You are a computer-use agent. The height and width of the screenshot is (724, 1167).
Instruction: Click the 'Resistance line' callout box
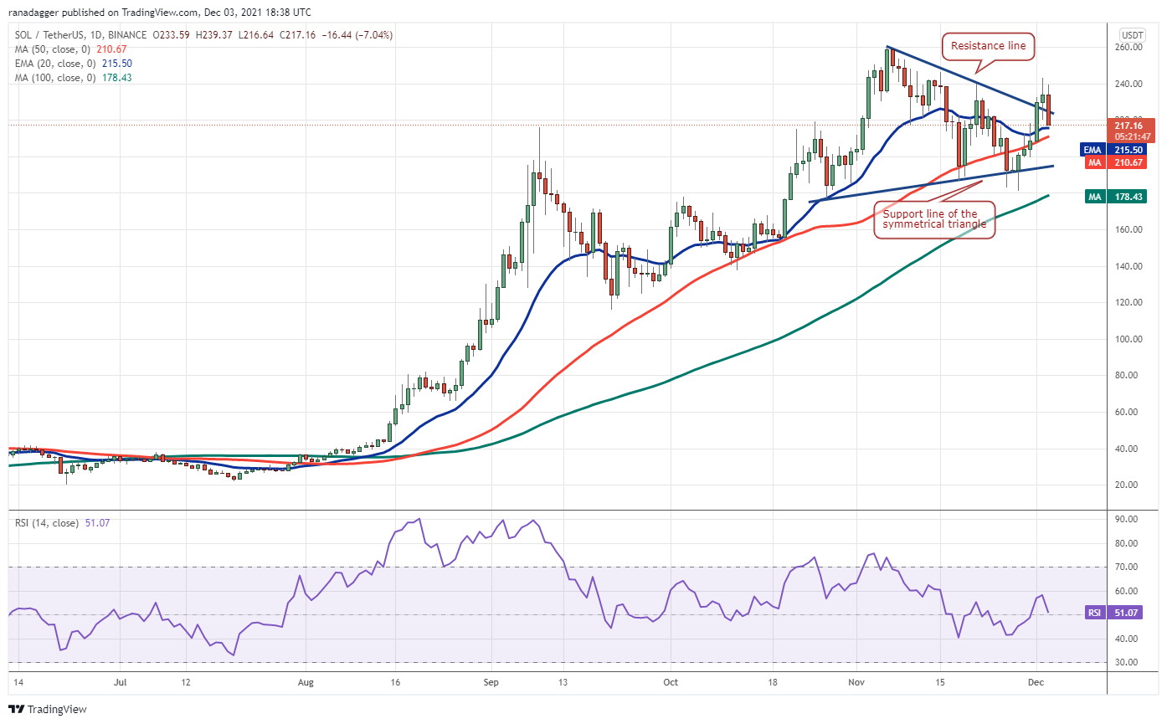[989, 46]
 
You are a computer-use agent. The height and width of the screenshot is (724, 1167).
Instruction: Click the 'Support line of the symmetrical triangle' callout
[934, 219]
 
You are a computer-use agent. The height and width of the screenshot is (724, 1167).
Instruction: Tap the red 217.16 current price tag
[1132, 130]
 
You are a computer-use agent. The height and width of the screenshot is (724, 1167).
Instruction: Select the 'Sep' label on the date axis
[491, 682]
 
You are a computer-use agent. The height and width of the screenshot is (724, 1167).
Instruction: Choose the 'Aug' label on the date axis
[306, 682]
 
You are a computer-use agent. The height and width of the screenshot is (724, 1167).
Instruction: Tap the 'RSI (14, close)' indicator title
[48, 523]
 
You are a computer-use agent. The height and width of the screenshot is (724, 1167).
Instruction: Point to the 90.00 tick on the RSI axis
[1128, 519]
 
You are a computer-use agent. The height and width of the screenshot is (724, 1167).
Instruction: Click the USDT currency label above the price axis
[1132, 34]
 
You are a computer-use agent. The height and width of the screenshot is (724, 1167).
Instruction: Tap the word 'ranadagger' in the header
[38, 13]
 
